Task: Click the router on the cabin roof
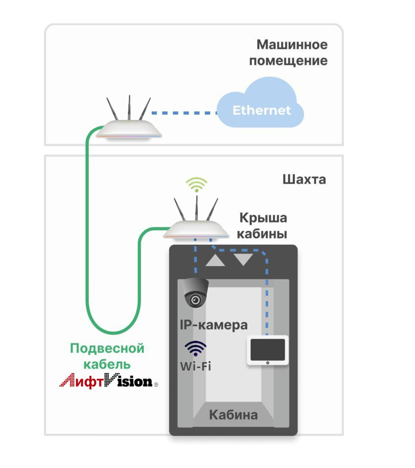(196, 230)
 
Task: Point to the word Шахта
(304, 180)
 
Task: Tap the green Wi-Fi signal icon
(196, 184)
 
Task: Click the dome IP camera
(196, 293)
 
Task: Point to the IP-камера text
(213, 324)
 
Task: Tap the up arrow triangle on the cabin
(215, 260)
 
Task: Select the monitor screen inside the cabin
(268, 349)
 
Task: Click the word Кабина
(233, 414)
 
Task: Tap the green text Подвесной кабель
(107, 356)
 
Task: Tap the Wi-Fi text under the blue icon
(195, 366)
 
